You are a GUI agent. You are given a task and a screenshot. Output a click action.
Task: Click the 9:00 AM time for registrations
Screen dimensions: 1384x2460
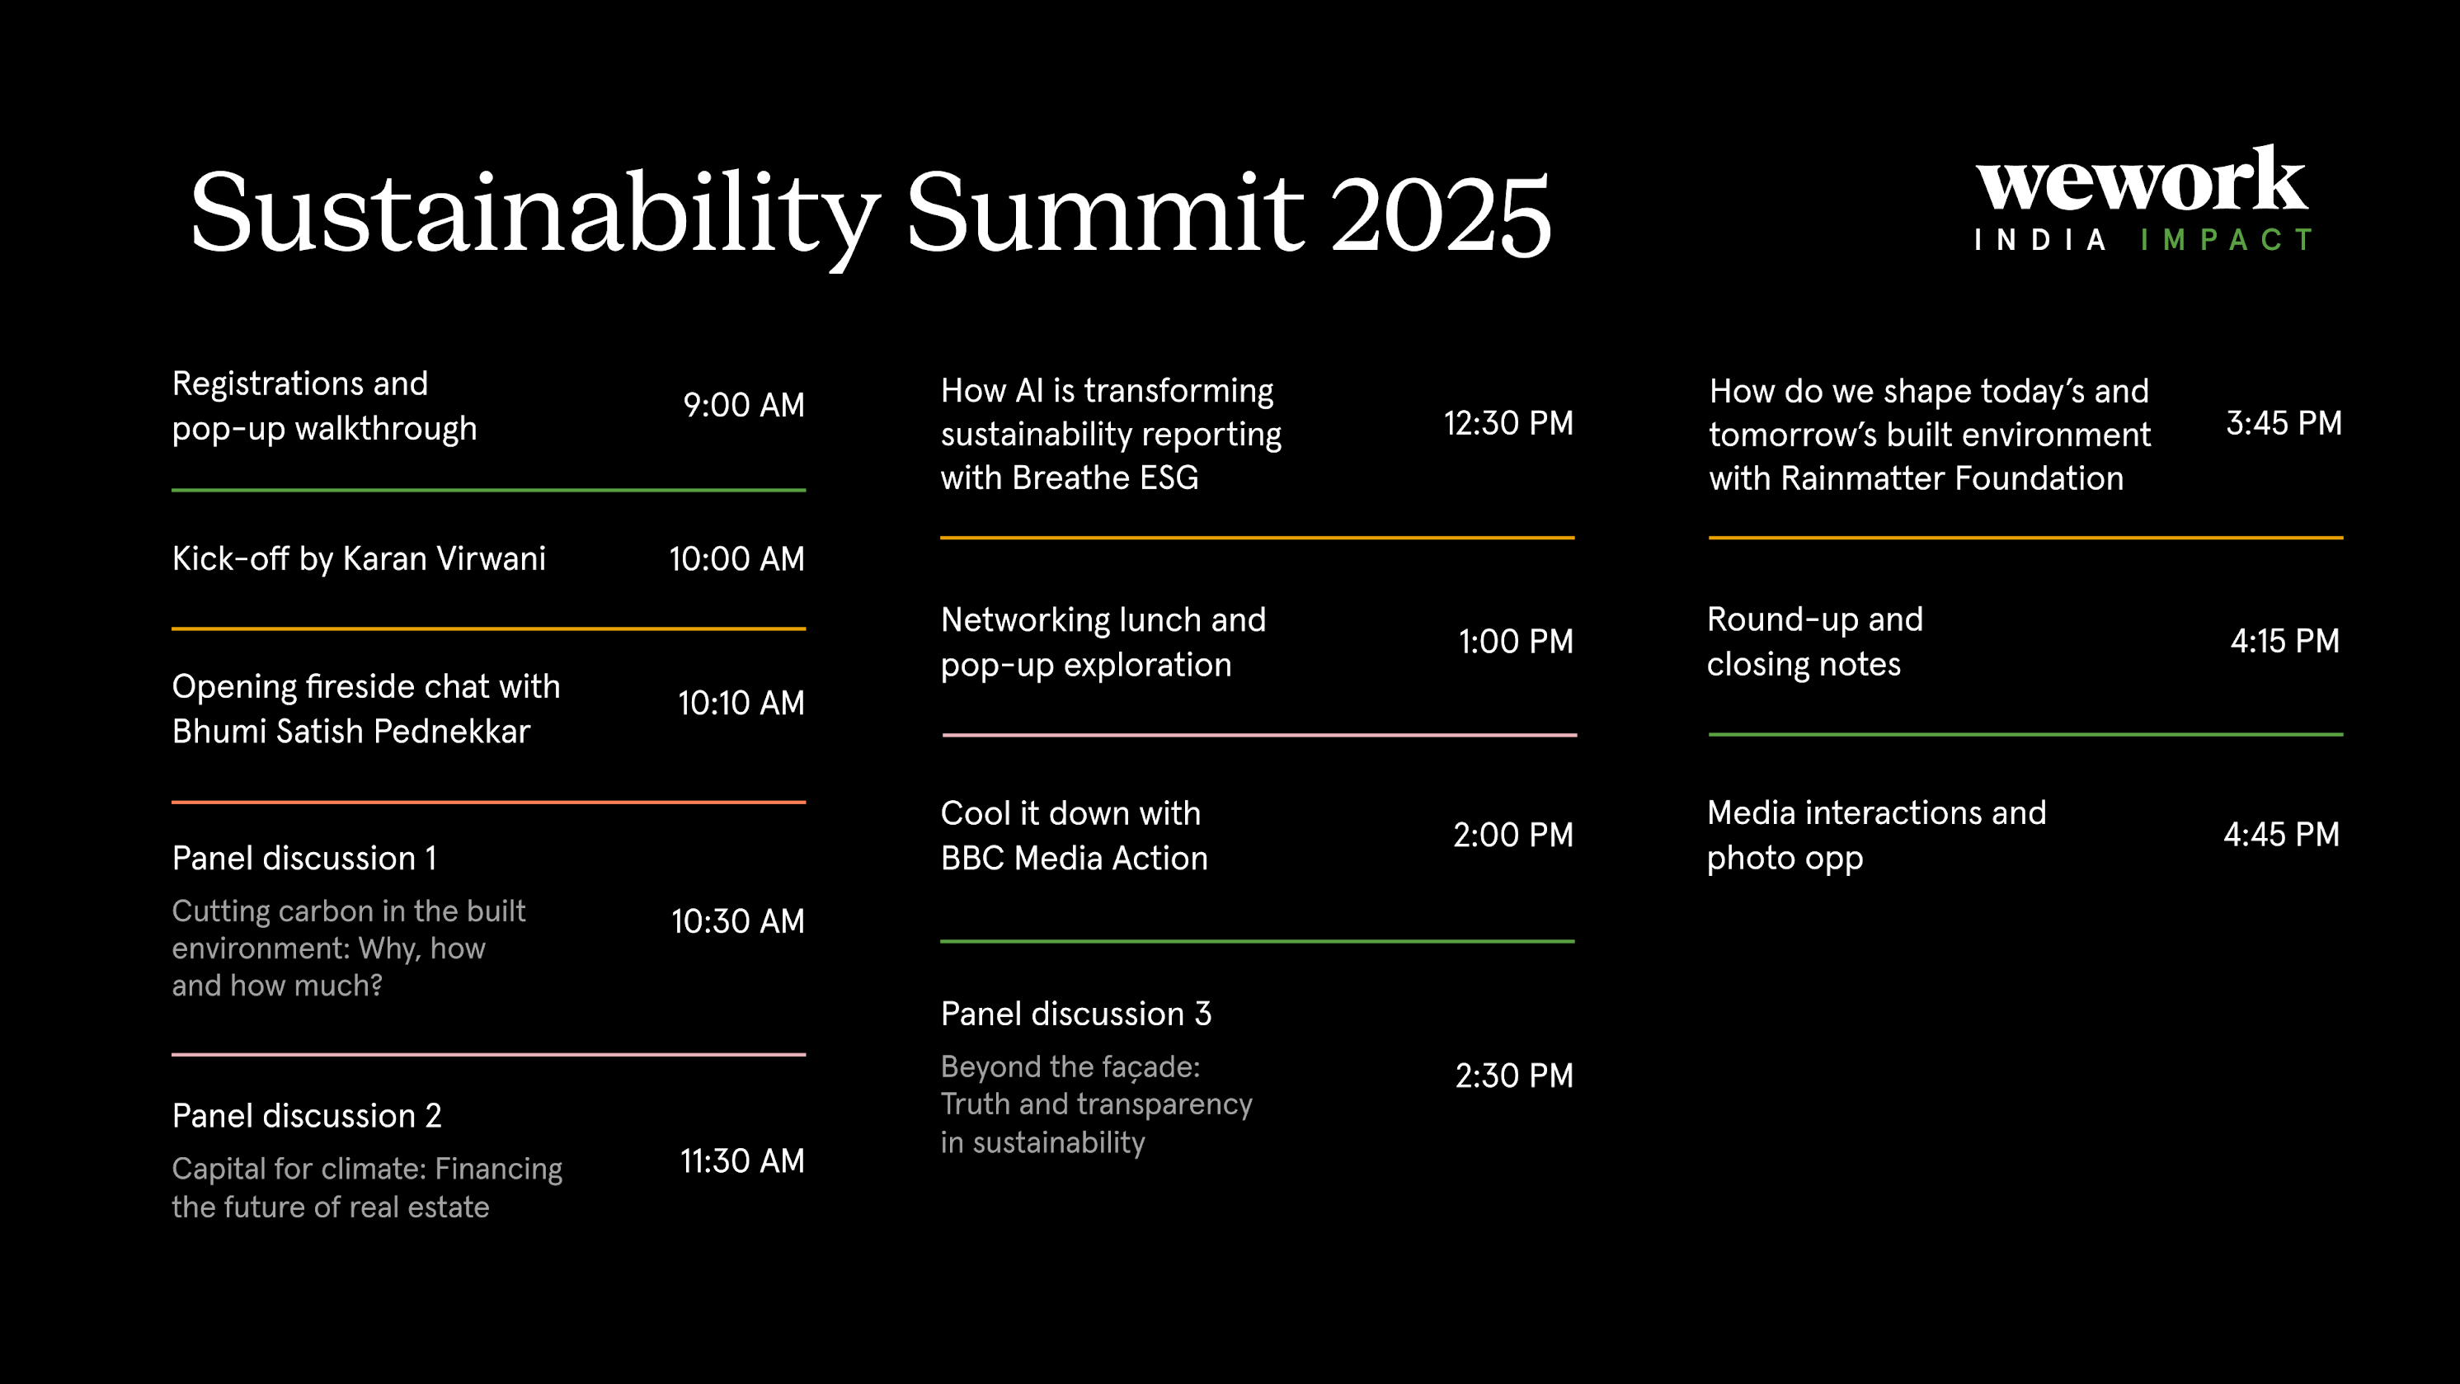(x=743, y=405)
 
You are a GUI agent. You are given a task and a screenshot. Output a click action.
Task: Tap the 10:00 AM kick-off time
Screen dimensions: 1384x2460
(x=736, y=558)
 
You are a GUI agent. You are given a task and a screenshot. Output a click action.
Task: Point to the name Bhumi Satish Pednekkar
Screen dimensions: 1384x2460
(x=350, y=732)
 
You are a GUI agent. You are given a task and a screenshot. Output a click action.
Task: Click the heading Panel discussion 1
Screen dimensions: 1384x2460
(x=304, y=859)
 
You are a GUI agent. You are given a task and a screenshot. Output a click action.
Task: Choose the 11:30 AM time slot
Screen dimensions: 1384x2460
(x=742, y=1161)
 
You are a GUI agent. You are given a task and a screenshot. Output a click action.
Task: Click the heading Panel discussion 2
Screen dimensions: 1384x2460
(x=307, y=1116)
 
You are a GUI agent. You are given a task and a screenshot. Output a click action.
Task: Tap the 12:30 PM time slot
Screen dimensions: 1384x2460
(x=1508, y=423)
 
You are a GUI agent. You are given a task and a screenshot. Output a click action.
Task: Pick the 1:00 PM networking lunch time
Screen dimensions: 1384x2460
(x=1516, y=642)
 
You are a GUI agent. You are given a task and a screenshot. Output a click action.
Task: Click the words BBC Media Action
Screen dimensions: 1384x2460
(x=1075, y=859)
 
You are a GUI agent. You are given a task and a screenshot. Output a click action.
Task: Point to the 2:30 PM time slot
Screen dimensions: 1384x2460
(x=1513, y=1076)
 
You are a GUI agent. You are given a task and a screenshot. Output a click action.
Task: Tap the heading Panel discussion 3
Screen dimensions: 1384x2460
(x=1076, y=1014)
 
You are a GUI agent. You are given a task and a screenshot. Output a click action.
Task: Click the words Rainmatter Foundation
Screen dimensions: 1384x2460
(x=1952, y=478)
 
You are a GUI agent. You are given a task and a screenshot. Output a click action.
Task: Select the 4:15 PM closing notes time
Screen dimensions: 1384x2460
(x=2284, y=641)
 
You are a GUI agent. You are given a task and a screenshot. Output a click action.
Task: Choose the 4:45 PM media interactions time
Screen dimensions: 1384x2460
(x=2281, y=835)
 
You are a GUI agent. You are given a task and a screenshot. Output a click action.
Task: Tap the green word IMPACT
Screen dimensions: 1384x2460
(x=2226, y=240)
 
